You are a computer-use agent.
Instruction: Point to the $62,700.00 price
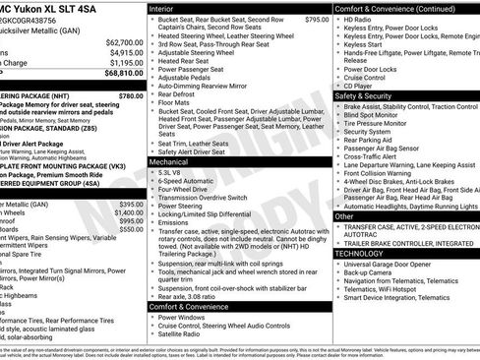pyautogui.click(x=123, y=42)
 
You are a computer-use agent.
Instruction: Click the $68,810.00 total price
pyautogui.click(x=123, y=73)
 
